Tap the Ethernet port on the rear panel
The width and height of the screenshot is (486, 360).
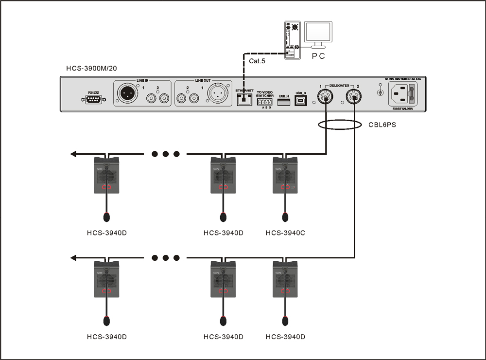[x=243, y=99]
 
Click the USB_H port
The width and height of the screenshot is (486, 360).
[x=284, y=102]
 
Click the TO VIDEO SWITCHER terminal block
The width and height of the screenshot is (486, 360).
[x=264, y=102]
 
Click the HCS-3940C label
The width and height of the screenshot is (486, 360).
[x=285, y=233]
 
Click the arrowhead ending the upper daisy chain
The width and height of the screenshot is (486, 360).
[x=74, y=154]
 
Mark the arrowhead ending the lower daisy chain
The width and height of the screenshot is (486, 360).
[x=74, y=257]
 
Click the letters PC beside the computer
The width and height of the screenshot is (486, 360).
[x=318, y=56]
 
